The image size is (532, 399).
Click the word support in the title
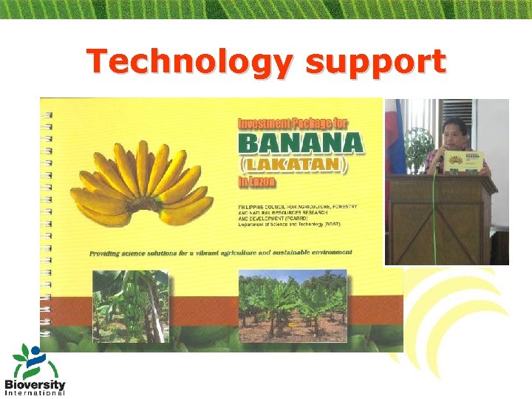375,62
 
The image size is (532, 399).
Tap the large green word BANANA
300,142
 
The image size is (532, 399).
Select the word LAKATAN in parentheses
301,163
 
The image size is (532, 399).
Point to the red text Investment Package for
292,123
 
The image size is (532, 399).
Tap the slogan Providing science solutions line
220,252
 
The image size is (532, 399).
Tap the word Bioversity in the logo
35,384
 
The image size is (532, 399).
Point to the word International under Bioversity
35,393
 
